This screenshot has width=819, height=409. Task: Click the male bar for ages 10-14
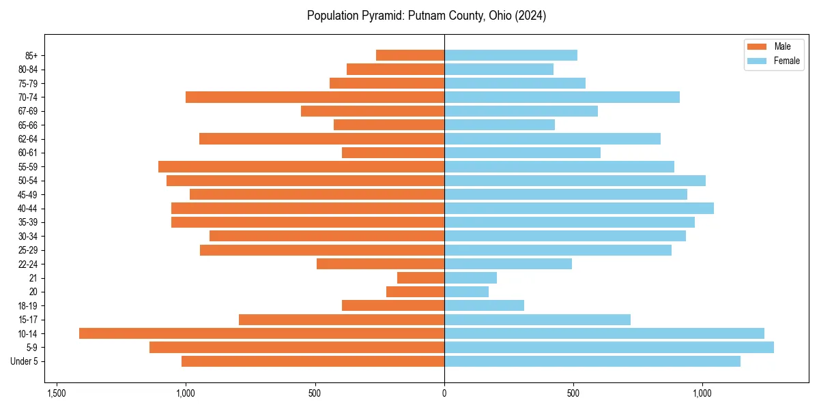click(x=261, y=333)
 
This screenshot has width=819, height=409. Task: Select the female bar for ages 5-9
click(x=609, y=347)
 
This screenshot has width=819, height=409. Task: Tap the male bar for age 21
click(x=420, y=277)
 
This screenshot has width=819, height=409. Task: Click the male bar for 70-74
click(x=315, y=97)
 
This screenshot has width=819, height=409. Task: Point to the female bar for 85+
click(x=511, y=55)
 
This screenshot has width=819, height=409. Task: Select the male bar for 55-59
click(x=301, y=166)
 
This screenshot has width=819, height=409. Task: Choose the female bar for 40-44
click(x=579, y=208)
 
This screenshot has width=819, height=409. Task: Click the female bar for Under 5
click(x=592, y=361)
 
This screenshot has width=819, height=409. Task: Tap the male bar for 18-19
click(x=393, y=305)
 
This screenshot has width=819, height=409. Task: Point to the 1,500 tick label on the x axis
click(x=56, y=393)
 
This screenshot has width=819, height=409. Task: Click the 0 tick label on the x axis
click(x=444, y=393)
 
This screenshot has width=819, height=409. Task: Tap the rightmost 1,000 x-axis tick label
click(x=702, y=393)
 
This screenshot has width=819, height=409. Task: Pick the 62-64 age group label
click(x=27, y=139)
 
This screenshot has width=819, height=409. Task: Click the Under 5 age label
click(x=25, y=361)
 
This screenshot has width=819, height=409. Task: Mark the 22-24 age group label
click(x=27, y=264)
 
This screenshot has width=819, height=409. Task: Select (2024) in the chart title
click(x=531, y=16)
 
